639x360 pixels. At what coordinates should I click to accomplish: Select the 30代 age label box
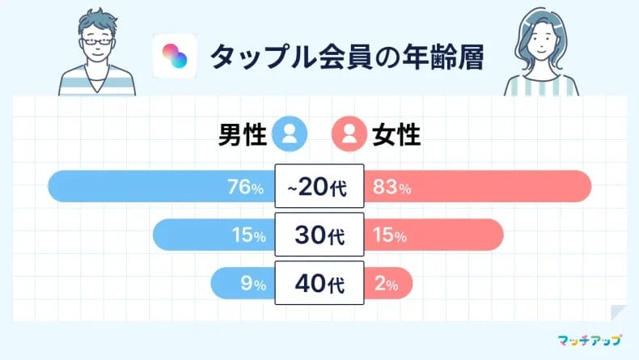(319, 235)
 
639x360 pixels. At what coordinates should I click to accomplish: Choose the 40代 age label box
(319, 284)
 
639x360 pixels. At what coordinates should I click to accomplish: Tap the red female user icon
(349, 133)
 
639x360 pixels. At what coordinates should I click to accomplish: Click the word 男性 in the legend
(243, 133)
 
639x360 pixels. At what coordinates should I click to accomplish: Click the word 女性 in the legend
(396, 133)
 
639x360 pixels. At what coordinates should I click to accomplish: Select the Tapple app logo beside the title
(175, 56)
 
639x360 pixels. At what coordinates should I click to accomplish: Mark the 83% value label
(392, 188)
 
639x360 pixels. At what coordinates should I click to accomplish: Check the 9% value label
(254, 285)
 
